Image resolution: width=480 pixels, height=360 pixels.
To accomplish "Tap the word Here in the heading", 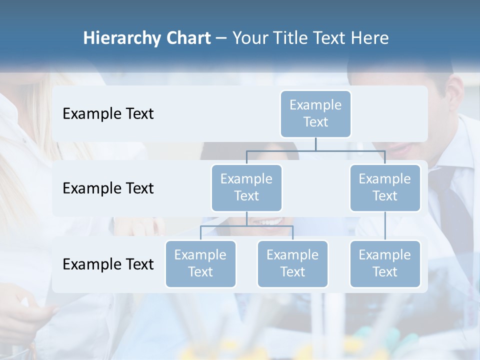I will (370, 38).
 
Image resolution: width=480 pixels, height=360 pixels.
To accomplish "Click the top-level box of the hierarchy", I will (315, 114).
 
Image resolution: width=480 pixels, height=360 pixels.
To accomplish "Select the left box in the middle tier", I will (246, 188).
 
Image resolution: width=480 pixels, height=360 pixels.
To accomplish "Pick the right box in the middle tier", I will (384, 188).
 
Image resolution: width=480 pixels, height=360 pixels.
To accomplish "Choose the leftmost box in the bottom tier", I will (200, 264).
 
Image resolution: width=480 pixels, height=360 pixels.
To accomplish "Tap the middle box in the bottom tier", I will (292, 264).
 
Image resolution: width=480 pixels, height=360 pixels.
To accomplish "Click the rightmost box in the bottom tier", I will (384, 264).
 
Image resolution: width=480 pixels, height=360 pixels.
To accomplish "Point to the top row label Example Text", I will (108, 114).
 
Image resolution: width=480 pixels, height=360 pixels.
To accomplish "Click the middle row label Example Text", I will (108, 188).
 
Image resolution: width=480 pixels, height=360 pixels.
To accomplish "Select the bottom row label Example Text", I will (108, 264).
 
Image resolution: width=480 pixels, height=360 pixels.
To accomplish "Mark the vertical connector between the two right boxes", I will (385, 226).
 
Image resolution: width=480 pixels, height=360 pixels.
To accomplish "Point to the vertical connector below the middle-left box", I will (246, 218).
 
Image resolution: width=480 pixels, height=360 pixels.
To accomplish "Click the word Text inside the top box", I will (315, 122).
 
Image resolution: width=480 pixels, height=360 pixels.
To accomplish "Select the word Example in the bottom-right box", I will (384, 255).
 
